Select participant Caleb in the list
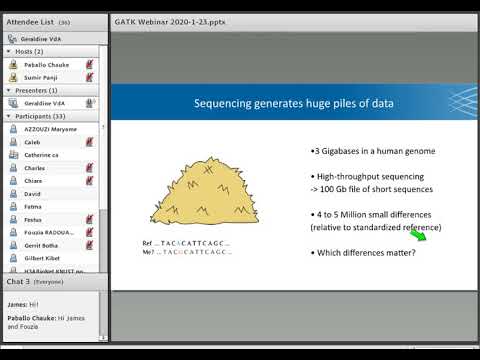(33, 143)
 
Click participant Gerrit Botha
(42, 245)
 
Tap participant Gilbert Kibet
(44, 258)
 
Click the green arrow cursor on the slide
(429, 236)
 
